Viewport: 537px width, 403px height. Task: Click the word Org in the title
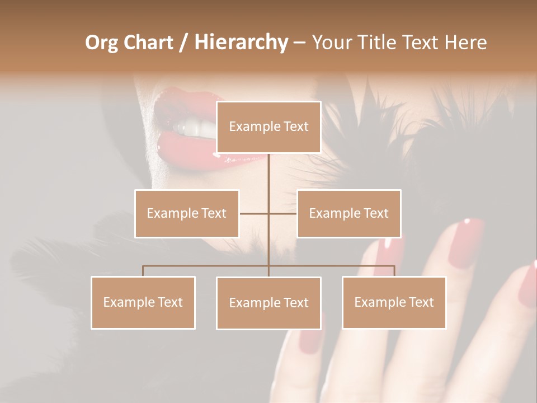tap(102, 43)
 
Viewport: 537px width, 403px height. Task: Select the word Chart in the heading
tap(147, 43)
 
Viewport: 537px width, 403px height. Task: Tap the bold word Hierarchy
tap(241, 43)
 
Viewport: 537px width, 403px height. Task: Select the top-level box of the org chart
tap(268, 127)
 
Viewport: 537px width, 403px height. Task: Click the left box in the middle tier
tap(187, 213)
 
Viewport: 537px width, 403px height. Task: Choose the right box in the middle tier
tap(348, 213)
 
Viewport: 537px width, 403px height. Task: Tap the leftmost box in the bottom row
tap(143, 302)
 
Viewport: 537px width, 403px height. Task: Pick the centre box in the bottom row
tap(268, 303)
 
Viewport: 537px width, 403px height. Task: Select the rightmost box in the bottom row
tap(394, 302)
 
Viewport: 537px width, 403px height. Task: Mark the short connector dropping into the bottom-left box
tap(143, 271)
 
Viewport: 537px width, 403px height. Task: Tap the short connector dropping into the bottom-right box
tap(394, 271)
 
